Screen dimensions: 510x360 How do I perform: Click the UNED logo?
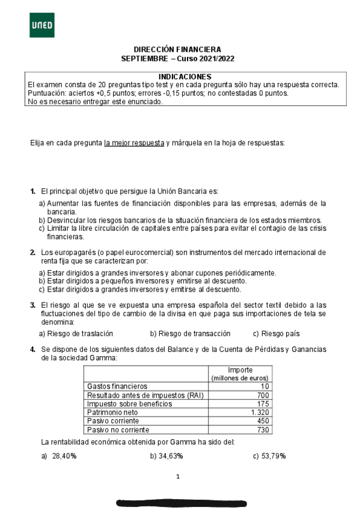pos(41,25)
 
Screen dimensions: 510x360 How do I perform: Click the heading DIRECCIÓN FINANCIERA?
pos(177,49)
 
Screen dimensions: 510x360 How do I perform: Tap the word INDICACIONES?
pos(185,76)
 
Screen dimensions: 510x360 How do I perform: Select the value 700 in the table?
pos(263,395)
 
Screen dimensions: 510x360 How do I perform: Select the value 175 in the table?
pos(263,404)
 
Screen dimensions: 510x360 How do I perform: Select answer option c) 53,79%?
pos(269,456)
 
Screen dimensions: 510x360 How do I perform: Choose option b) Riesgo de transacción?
pos(190,334)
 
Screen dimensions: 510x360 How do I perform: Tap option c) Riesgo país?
pos(276,334)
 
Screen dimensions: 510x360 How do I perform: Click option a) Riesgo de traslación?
pos(76,334)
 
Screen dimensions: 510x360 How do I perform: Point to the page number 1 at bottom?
pos(178,477)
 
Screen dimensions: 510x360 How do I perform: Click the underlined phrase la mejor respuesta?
pos(134,143)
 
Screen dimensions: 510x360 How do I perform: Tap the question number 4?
pos(32,349)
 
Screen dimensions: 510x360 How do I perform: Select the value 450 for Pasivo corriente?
pos(263,421)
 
